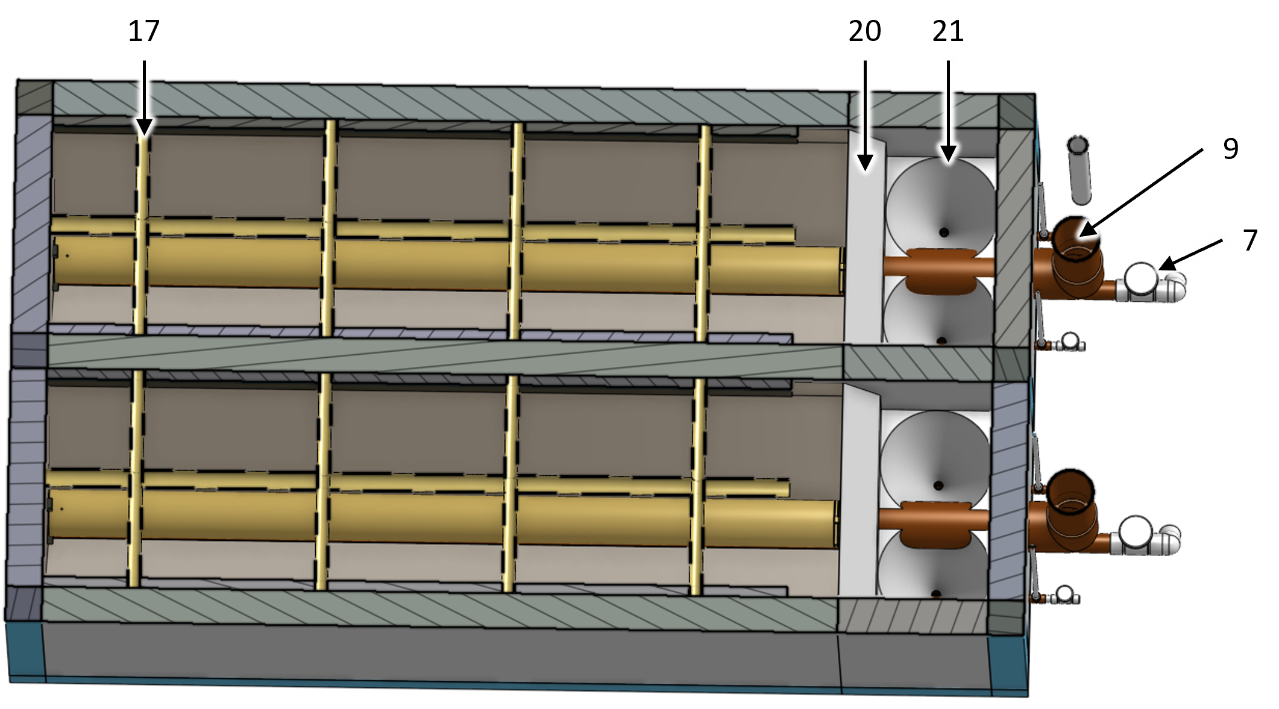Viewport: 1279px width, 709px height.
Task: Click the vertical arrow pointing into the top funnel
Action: pyautogui.click(x=948, y=108)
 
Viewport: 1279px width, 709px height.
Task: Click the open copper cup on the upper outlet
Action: pyautogui.click(x=1076, y=241)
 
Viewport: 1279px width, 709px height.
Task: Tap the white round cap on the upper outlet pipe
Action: pyautogui.click(x=1142, y=278)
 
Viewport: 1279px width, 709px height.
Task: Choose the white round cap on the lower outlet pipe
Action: pyautogui.click(x=1135, y=531)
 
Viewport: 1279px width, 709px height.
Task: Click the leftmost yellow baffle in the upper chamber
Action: pyautogui.click(x=141, y=232)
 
